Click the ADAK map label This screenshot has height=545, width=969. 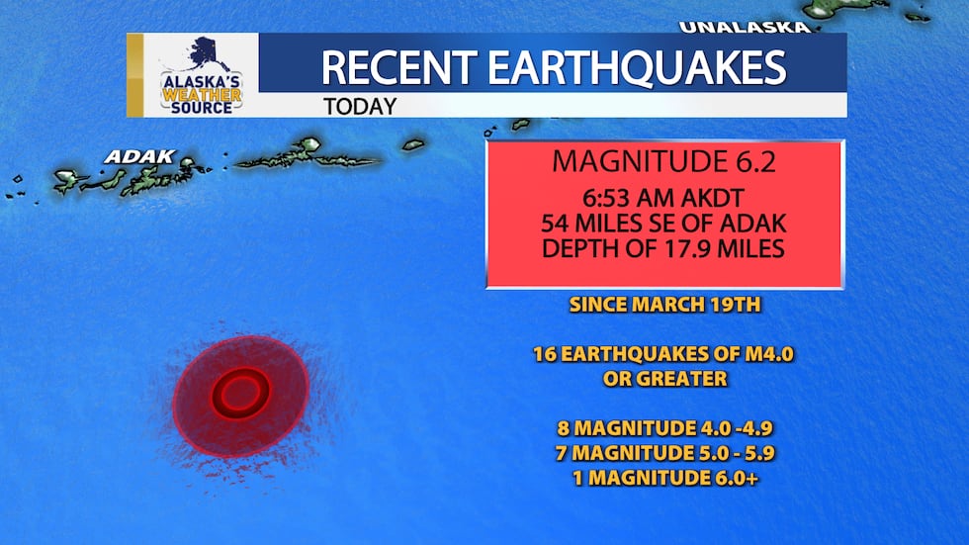(139, 156)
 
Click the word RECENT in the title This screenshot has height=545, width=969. (396, 67)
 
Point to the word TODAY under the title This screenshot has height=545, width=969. (361, 106)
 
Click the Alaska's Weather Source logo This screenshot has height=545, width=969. (201, 76)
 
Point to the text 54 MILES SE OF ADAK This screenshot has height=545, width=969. (663, 224)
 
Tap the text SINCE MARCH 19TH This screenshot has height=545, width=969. (664, 304)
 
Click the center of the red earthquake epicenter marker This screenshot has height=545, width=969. (240, 394)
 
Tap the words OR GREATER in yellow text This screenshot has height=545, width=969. (664, 378)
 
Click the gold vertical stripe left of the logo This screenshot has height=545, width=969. (135, 75)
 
